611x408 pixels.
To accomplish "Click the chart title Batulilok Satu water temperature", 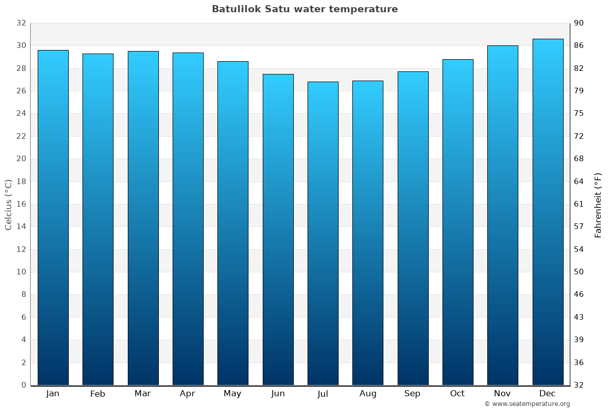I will [304, 9].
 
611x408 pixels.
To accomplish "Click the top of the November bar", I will [503, 46].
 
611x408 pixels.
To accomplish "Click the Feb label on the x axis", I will [97, 394].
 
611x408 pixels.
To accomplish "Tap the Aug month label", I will [368, 394].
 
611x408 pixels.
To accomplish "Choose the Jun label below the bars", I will [278, 394].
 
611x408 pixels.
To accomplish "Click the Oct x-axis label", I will [457, 394].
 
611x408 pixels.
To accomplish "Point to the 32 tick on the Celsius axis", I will [21, 23].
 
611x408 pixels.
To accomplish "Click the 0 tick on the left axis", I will [23, 385].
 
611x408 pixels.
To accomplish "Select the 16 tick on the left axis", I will [21, 204].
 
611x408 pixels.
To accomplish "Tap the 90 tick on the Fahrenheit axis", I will [579, 23].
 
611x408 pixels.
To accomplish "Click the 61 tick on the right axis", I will [579, 204].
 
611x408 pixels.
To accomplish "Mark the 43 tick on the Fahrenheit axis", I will [579, 317].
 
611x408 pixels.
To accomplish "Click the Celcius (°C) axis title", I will [8, 205].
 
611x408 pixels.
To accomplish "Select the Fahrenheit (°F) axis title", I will [598, 205].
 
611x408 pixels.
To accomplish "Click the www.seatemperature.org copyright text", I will [526, 404].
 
